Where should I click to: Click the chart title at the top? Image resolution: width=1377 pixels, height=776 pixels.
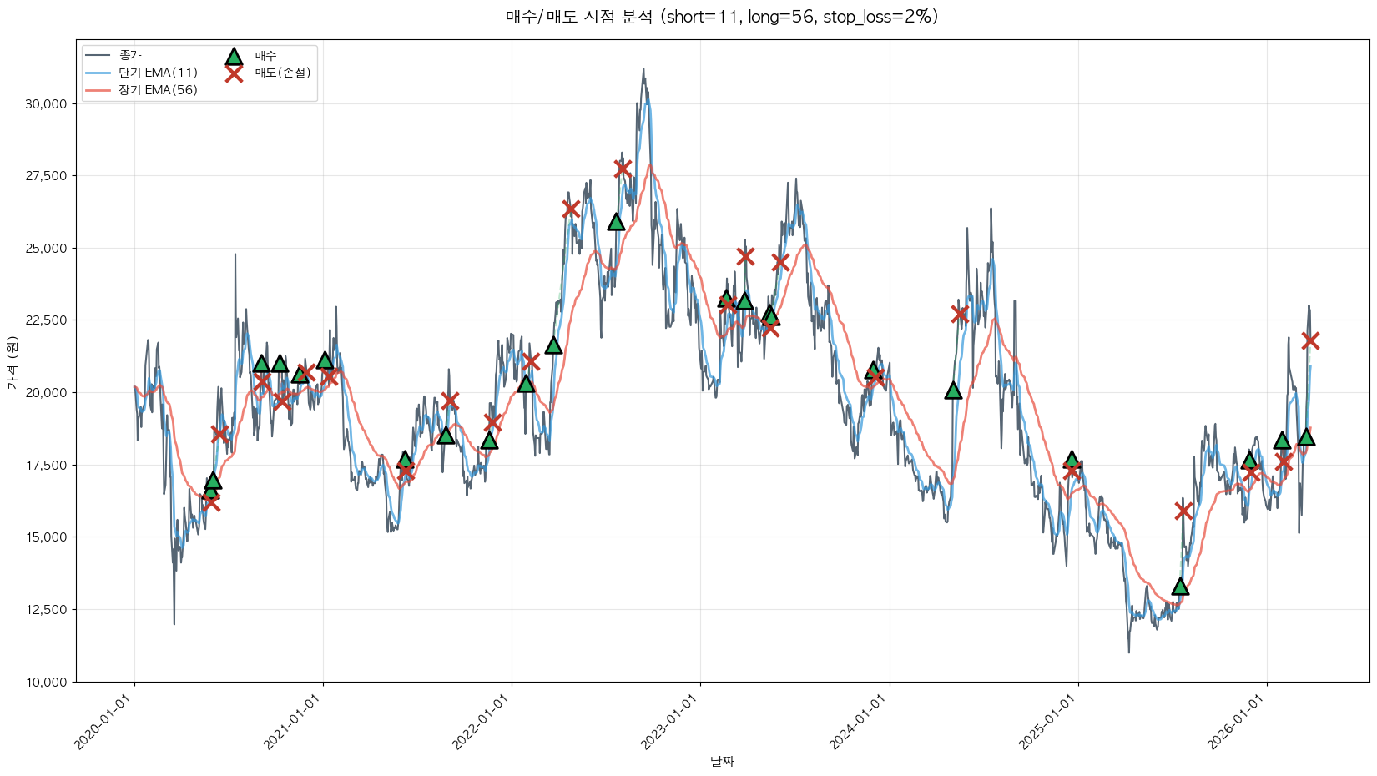pos(722,17)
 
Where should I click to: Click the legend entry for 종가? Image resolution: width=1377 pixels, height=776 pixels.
pos(130,55)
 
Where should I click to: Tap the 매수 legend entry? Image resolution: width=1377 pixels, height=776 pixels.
pos(265,56)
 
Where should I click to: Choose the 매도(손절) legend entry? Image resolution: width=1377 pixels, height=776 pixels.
pos(282,73)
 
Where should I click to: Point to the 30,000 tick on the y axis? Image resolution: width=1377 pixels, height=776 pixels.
pos(47,104)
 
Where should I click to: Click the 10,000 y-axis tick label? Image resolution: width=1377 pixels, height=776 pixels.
pos(47,683)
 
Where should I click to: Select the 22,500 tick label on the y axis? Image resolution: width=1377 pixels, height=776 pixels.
pos(47,320)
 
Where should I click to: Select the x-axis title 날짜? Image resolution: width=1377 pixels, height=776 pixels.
pos(722,761)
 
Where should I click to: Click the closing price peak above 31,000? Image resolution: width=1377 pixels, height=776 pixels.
pos(643,69)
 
